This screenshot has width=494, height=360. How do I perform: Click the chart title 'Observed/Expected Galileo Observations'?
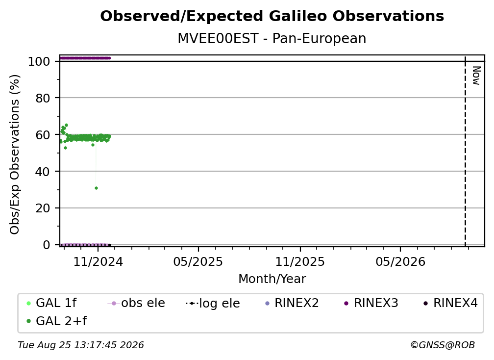(272, 16)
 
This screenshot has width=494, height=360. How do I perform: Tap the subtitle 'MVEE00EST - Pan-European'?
(272, 38)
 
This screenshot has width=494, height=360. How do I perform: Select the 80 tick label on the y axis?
(43, 98)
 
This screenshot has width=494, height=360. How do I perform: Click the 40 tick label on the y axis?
(43, 172)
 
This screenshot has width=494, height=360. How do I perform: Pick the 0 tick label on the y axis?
(47, 245)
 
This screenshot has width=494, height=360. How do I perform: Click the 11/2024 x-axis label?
(98, 261)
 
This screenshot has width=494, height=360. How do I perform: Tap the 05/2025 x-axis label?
(198, 261)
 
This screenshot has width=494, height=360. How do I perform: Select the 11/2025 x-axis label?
(300, 261)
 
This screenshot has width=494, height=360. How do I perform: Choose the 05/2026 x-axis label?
(400, 261)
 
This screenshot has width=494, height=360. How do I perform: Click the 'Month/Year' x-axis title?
(272, 279)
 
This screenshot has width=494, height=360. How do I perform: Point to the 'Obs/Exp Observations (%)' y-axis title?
(15, 154)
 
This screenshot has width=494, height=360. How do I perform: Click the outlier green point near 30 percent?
(96, 188)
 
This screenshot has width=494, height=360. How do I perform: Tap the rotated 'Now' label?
(476, 76)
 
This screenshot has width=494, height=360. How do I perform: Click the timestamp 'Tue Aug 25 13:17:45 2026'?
(81, 345)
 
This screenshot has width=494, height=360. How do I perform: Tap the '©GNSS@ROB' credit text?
(443, 345)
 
